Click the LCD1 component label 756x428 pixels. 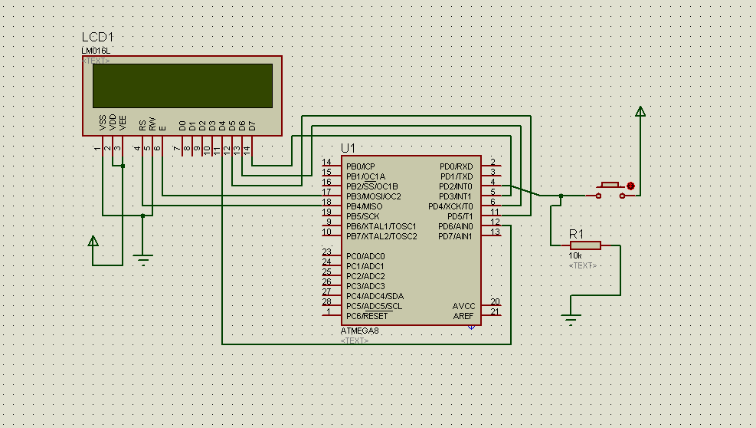click(x=98, y=38)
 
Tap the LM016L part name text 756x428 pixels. click(x=96, y=51)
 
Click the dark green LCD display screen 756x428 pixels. click(x=182, y=85)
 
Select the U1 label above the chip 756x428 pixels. click(x=349, y=147)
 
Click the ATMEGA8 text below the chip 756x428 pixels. click(x=360, y=331)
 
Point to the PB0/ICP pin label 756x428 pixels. click(x=361, y=166)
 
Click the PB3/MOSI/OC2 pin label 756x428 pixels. click(x=373, y=196)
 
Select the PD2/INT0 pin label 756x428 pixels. click(x=456, y=186)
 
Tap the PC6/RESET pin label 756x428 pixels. click(x=367, y=316)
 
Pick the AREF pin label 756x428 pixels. click(x=463, y=316)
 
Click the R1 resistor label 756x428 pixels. click(x=577, y=233)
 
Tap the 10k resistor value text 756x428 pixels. click(x=576, y=255)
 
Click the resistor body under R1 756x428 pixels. click(x=585, y=245)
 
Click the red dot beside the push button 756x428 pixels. click(x=631, y=186)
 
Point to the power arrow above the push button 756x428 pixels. click(x=640, y=112)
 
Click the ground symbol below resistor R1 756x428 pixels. click(x=570, y=318)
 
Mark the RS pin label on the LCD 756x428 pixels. click(x=142, y=124)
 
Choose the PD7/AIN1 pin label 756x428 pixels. click(x=456, y=236)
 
